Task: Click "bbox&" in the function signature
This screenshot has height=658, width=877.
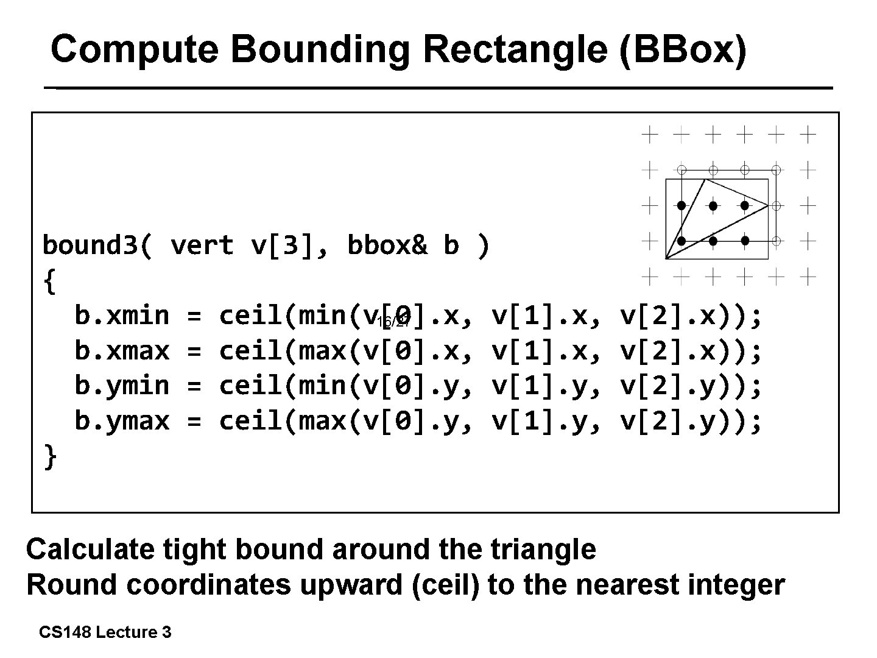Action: click(x=387, y=246)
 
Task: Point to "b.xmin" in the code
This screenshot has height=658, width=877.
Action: click(x=122, y=316)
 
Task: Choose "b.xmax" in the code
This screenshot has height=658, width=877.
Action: click(x=122, y=351)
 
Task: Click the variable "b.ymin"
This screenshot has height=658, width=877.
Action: click(x=122, y=386)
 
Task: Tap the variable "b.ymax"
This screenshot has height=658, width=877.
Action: click(x=122, y=421)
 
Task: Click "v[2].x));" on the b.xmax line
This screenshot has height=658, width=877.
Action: click(x=691, y=351)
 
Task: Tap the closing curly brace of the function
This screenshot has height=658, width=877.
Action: click(x=50, y=457)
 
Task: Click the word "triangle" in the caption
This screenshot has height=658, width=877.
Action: click(x=543, y=549)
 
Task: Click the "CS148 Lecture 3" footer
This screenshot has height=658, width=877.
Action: click(x=105, y=632)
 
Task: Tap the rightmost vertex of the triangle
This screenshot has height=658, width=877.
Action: click(x=768, y=205)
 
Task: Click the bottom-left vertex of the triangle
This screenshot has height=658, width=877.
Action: click(x=666, y=258)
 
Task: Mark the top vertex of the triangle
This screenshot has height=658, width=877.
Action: click(x=705, y=179)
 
